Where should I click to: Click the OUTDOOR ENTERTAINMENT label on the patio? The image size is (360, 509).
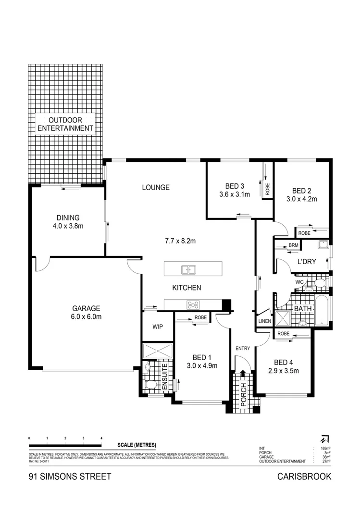pos(65,124)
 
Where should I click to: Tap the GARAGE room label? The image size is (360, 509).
pos(86,308)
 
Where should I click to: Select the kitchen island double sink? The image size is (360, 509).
pos(188,269)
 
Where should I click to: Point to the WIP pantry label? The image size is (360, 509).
pos(158,327)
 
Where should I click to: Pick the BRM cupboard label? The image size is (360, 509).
pos(293,246)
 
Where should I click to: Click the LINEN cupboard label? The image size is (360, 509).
pos(264,321)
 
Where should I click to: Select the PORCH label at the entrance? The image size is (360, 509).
pos(244,395)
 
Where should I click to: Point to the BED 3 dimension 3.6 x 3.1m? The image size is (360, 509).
pos(235,195)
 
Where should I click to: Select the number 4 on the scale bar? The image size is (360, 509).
pos(101,438)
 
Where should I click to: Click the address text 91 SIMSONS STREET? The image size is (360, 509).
pos(70,477)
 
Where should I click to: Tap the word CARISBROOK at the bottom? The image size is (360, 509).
pos(304,477)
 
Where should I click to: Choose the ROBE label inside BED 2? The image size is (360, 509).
pos(304,233)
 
